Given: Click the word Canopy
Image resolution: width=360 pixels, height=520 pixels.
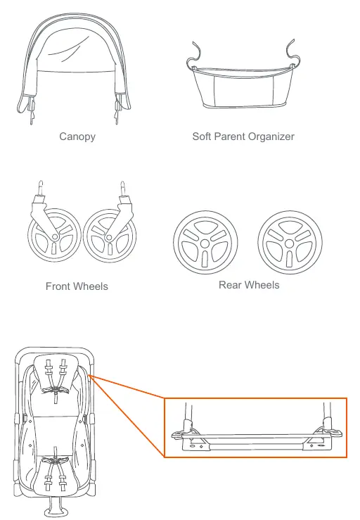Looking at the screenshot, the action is [77, 137].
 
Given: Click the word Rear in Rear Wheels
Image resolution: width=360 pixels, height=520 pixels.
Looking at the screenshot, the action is [229, 285].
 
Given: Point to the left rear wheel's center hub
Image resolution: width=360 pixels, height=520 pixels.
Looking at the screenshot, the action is [205, 243].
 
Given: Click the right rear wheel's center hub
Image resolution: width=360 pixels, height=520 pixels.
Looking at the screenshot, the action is [290, 243].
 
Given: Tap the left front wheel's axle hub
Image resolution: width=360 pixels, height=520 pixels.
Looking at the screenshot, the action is [55, 236].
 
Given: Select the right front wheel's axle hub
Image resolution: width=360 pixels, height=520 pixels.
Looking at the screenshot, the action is [108, 237].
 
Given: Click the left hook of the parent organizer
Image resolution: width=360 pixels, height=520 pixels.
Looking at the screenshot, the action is [195, 55].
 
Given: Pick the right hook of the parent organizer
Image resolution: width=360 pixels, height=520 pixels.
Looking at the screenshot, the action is [292, 52].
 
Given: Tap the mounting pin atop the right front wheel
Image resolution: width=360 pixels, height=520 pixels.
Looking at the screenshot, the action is [122, 189].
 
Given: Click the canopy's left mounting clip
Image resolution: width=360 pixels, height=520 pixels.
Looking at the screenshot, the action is [32, 109].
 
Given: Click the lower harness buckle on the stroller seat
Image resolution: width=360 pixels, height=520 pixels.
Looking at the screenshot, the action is [56, 461].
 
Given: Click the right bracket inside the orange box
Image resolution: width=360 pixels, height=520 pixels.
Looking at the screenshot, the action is [323, 436].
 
